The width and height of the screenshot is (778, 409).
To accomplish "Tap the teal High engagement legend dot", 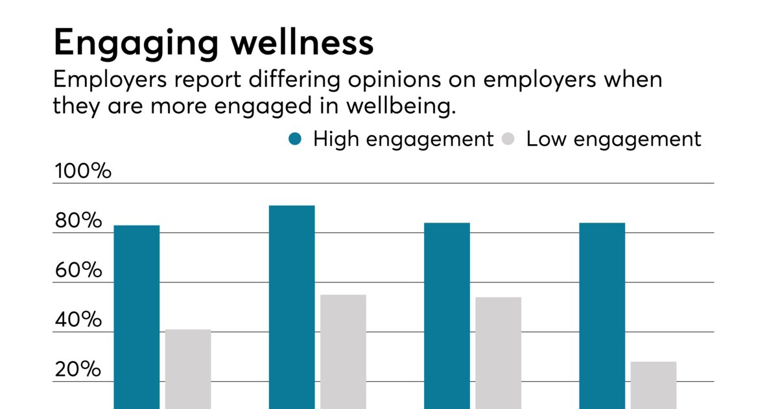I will point(296,139).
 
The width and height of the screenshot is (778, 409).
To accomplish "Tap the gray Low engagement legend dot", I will point(509,139).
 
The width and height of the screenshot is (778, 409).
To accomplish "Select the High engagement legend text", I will point(403,139).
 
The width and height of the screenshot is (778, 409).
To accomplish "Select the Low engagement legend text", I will point(613,139).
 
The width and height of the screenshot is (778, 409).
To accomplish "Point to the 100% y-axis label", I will point(82,172).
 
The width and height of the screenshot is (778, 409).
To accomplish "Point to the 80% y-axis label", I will point(78,221).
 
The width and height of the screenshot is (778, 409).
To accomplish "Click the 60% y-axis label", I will point(78,271).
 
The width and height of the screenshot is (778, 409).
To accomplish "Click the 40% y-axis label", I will point(78,320).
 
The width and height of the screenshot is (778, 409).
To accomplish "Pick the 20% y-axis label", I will point(78,369).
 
